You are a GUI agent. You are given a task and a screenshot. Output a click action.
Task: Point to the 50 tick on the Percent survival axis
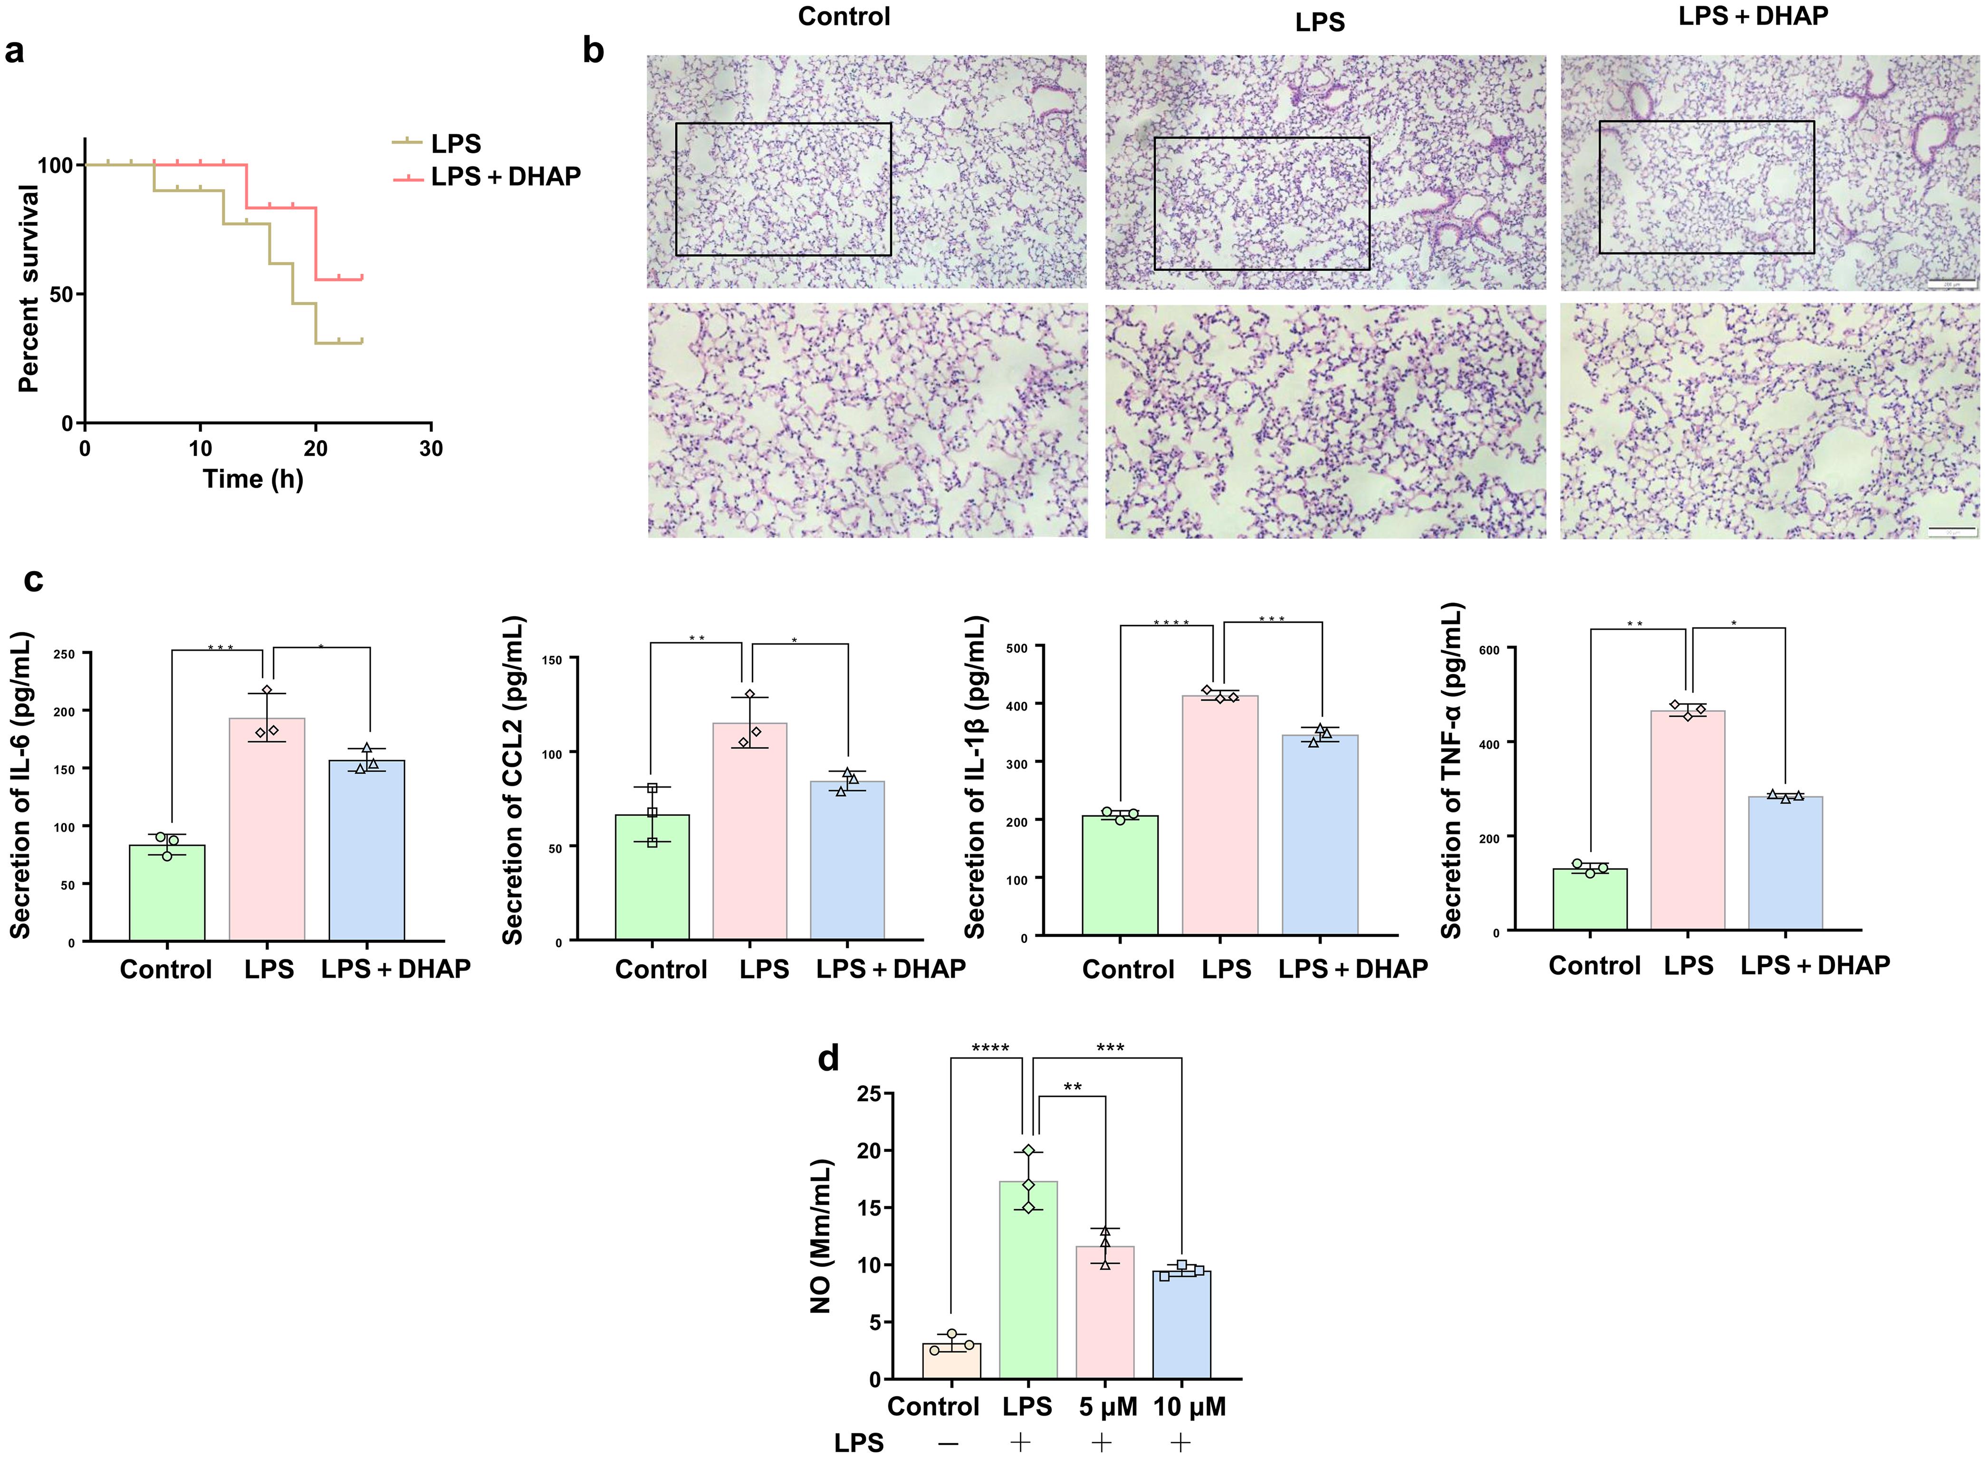pyautogui.click(x=61, y=294)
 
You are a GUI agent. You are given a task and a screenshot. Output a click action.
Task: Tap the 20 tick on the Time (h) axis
pyautogui.click(x=316, y=448)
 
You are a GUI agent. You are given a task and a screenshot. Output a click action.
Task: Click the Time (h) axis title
pyautogui.click(x=253, y=479)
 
